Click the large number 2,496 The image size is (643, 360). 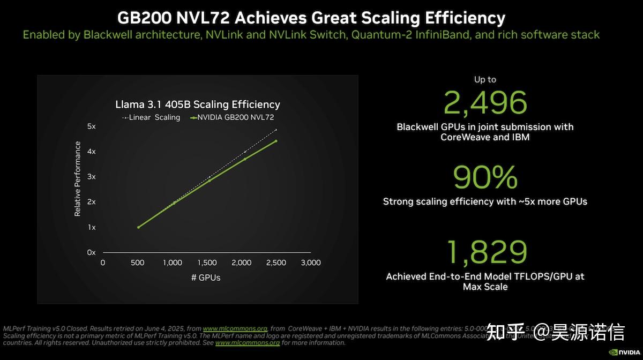click(x=485, y=103)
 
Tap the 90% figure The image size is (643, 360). click(x=485, y=178)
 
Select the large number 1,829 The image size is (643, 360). click(x=485, y=252)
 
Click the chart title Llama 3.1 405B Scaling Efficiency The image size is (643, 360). click(x=198, y=104)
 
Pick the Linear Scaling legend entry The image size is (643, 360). click(x=151, y=117)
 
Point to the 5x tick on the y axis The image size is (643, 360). click(x=91, y=126)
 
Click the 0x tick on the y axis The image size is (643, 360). click(x=91, y=252)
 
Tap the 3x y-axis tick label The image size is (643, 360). click(x=91, y=177)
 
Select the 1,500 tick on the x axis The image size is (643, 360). click(x=207, y=262)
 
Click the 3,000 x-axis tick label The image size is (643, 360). click(x=311, y=262)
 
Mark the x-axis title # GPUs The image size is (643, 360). click(x=206, y=277)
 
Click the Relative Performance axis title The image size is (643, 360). click(x=78, y=179)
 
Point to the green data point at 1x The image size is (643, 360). click(x=138, y=227)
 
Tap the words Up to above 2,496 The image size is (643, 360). click(x=485, y=79)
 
